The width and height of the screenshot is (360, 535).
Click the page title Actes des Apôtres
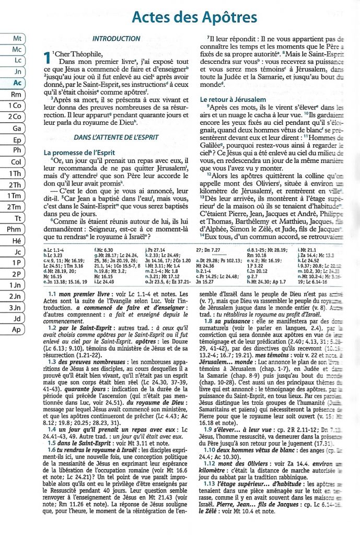point(194,17)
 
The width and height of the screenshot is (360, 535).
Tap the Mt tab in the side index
point(17,38)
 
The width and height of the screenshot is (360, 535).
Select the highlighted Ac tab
point(17,83)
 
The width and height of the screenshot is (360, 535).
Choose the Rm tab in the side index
point(17,94)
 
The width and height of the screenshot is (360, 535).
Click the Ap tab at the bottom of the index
point(17,330)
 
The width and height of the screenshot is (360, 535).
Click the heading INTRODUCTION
point(112,39)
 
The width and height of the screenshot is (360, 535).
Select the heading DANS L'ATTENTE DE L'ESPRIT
point(112,137)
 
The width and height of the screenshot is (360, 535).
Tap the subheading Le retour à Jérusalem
point(234,99)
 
